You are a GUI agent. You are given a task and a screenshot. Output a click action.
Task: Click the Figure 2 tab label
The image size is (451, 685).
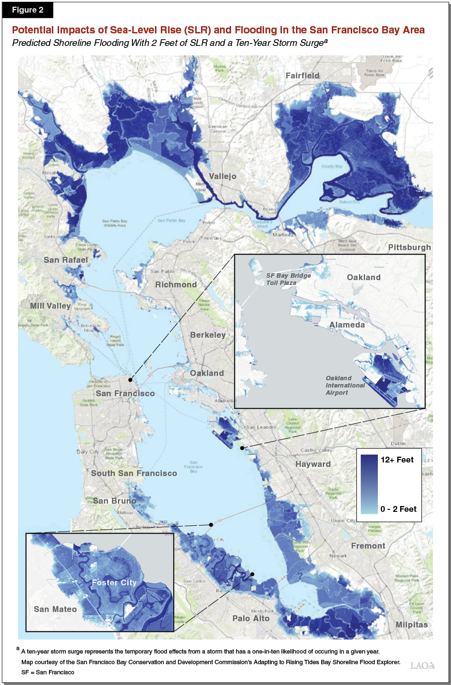click(28, 10)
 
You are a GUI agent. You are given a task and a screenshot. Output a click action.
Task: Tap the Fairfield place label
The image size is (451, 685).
click(302, 75)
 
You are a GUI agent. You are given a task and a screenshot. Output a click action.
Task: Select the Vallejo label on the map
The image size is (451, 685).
click(222, 176)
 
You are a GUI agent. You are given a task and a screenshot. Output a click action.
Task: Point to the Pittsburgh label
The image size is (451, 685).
click(409, 247)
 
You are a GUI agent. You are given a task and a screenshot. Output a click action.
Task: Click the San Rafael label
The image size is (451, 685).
click(66, 260)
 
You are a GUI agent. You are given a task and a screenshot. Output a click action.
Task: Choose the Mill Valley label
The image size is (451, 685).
click(50, 306)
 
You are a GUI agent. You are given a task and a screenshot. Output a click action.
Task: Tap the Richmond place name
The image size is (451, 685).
click(176, 284)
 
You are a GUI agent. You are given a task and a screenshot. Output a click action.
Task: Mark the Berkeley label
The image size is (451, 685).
click(208, 335)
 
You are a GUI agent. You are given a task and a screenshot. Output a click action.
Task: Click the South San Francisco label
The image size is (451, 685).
click(134, 473)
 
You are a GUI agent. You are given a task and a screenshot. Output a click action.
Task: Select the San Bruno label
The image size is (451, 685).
click(115, 501)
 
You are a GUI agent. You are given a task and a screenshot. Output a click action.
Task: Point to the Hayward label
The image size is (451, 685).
click(313, 464)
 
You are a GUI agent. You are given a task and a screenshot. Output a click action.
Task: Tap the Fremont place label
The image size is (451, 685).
click(368, 546)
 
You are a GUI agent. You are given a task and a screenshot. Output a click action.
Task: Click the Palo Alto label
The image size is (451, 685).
click(251, 618)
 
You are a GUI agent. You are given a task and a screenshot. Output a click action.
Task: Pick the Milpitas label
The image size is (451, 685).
click(412, 625)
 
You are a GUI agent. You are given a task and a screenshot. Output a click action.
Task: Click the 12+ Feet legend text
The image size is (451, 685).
click(397, 460)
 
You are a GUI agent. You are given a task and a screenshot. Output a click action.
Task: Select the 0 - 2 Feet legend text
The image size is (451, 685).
click(398, 509)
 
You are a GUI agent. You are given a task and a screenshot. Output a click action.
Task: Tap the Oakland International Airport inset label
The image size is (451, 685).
click(345, 385)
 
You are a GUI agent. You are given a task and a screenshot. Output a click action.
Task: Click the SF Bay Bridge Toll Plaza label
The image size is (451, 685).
click(288, 279)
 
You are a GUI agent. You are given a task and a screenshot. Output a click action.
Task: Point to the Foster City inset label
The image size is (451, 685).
click(114, 582)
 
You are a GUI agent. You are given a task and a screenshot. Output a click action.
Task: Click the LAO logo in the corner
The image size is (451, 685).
click(422, 666)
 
